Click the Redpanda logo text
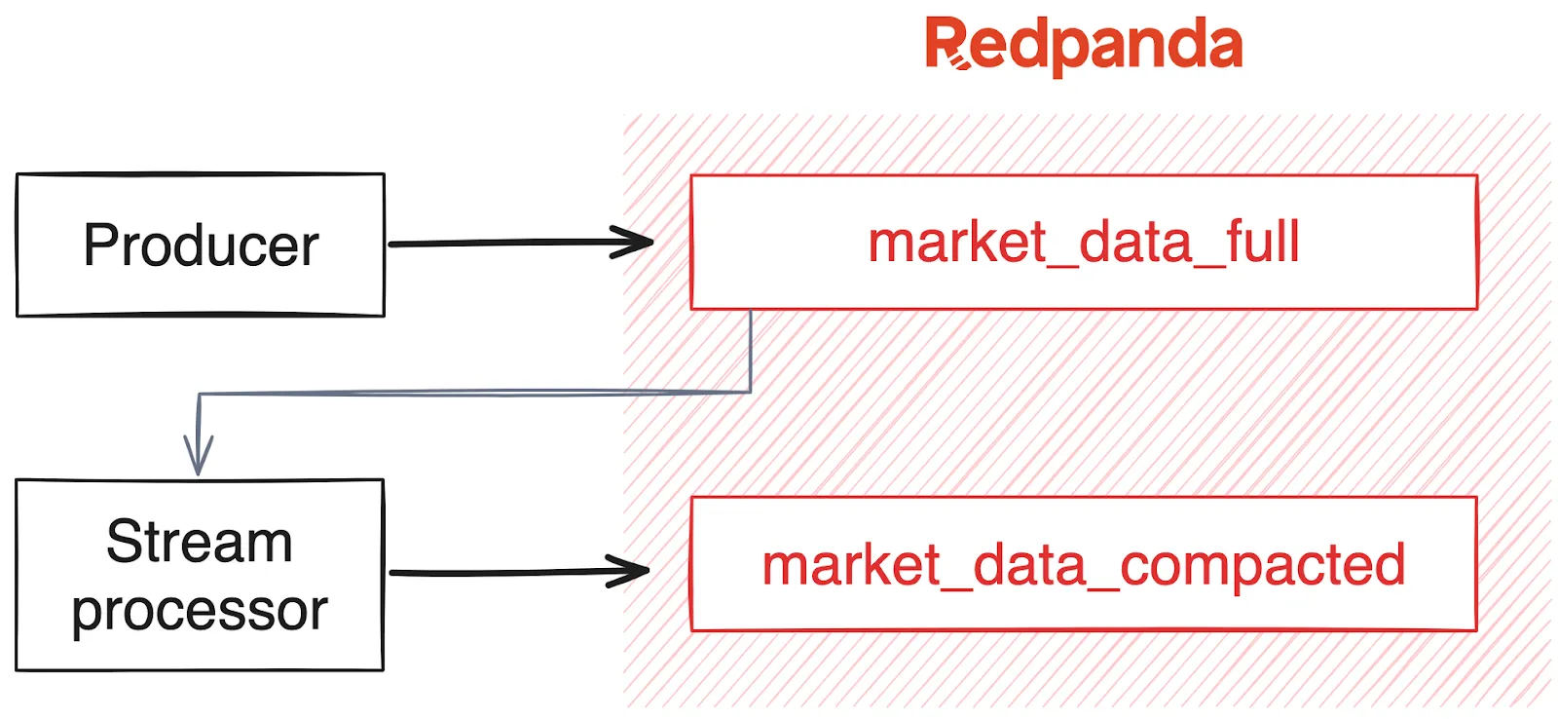tap(1083, 45)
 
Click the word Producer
tap(201, 245)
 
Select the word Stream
tap(200, 541)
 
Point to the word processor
tap(200, 611)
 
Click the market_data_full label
tap(1083, 242)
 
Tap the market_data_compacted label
tap(1083, 564)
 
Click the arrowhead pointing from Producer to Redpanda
tap(638, 242)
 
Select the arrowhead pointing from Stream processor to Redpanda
tap(633, 571)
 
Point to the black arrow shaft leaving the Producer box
tap(497, 243)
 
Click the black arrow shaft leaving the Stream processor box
tap(497, 573)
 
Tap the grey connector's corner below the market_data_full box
tap(750, 392)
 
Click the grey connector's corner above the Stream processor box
tap(200, 395)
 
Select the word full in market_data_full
tap(1263, 242)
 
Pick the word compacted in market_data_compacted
tap(1263, 564)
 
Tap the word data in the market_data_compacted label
tap(1029, 564)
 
